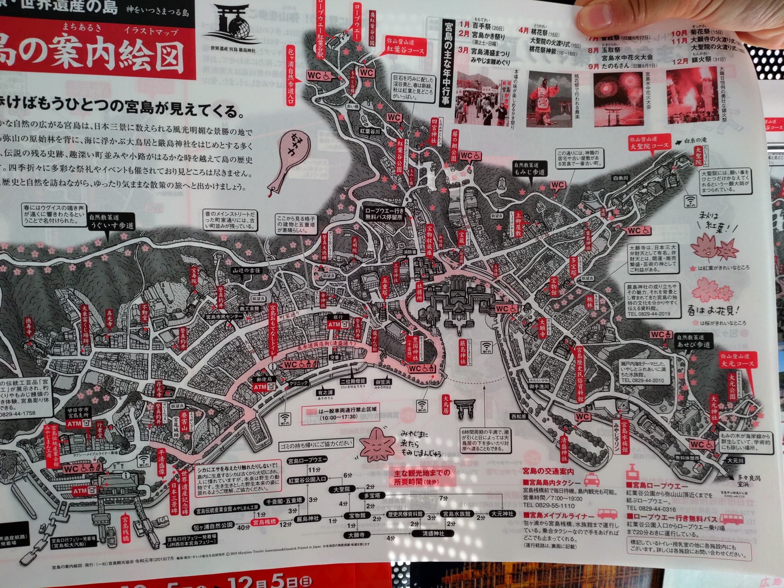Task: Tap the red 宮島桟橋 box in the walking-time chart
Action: (x=264, y=521)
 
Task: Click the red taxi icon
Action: (x=593, y=479)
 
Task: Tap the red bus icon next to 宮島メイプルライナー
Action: (x=607, y=514)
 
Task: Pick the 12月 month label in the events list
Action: (x=679, y=61)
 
